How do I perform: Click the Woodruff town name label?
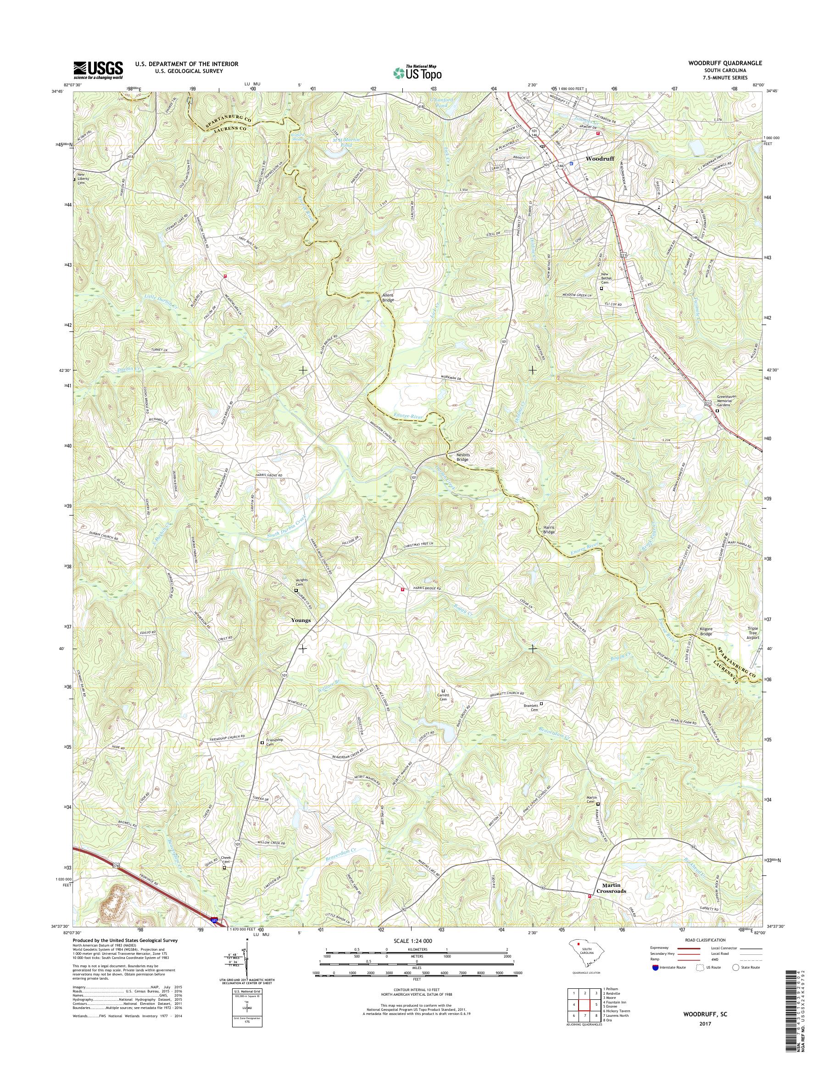coord(600,159)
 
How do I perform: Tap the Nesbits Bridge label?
coord(462,457)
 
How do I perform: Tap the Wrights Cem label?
coord(299,583)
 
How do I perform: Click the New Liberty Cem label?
coord(83,177)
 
